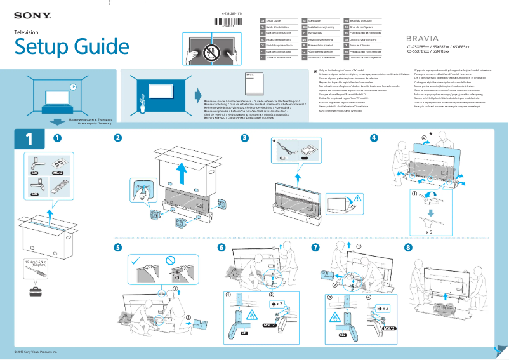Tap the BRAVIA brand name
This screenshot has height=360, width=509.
point(422,39)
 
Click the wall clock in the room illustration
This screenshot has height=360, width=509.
point(73,87)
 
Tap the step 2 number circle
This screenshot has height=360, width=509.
point(117,138)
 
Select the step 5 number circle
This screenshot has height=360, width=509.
point(117,247)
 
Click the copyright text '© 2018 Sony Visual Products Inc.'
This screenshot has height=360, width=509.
point(36,351)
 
